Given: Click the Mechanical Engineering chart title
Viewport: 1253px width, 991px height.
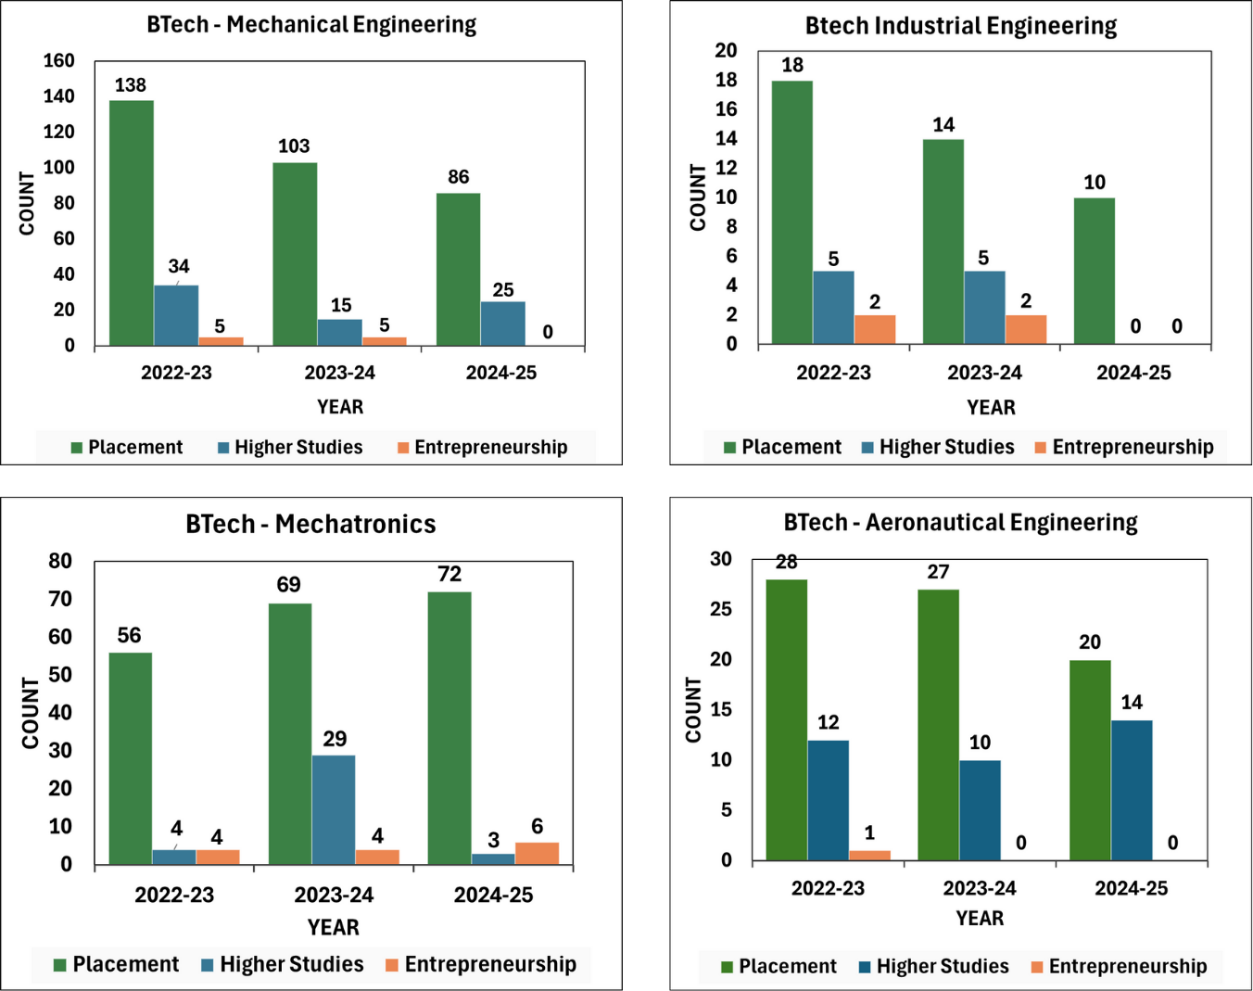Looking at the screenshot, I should point(311,25).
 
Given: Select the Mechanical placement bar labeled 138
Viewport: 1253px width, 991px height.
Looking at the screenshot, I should point(132,222).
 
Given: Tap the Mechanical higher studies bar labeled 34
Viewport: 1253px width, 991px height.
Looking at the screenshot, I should point(176,315).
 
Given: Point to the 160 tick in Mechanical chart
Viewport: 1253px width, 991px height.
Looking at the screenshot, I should point(59,61).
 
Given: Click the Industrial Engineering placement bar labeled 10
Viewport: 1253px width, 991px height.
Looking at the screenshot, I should point(1095,271).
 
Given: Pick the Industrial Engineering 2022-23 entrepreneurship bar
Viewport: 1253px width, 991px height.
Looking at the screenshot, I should point(875,330).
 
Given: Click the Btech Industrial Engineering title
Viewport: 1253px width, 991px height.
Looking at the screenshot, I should point(961,26).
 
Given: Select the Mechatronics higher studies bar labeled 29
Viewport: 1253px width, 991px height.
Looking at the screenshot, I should point(334,809).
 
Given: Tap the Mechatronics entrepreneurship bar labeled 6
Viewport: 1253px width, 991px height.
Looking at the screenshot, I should point(537,853).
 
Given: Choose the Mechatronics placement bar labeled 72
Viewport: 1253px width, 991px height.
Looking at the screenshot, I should point(449,728).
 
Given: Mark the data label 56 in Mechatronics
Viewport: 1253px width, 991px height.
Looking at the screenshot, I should point(129,636).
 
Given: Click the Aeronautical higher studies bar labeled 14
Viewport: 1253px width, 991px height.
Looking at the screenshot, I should point(1132,790).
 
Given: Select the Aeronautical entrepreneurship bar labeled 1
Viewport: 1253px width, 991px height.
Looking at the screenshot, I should point(869,855).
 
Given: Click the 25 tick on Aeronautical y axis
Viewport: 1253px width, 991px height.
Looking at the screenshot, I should point(720,610).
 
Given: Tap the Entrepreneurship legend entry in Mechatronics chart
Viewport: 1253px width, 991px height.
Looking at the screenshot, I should point(489,965).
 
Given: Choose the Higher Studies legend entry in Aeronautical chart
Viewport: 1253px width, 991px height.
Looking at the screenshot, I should point(942,967).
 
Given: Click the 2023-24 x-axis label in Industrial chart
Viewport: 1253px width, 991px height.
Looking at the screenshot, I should point(984,374).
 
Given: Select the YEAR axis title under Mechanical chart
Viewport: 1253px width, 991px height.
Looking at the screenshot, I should point(340,407).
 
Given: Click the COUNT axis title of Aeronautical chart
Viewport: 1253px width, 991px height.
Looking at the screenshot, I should point(694,709).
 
